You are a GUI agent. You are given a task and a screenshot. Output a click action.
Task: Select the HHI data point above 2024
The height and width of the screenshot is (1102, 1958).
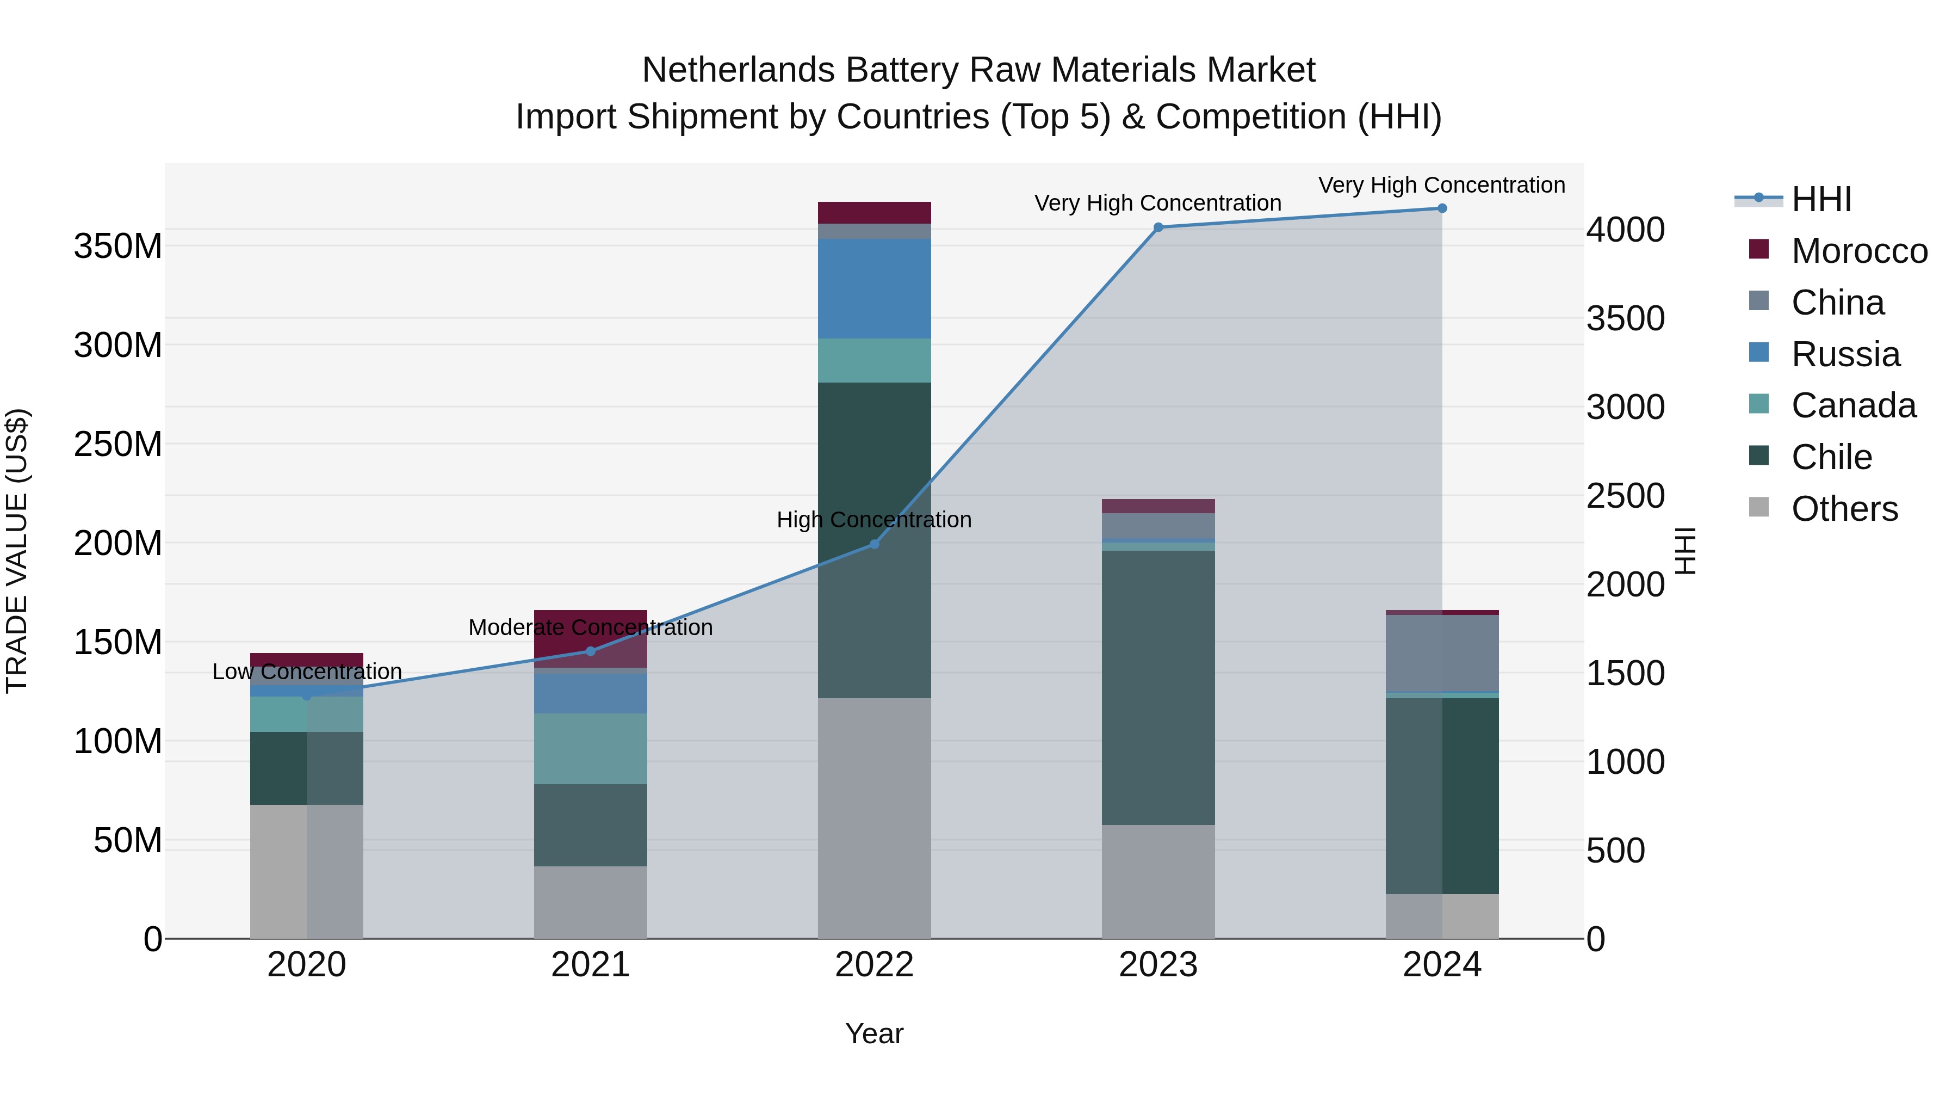pos(1442,208)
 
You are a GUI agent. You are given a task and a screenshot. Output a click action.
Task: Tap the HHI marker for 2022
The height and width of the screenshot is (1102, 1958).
pos(874,545)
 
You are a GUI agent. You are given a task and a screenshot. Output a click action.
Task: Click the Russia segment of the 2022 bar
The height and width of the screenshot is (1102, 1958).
pos(874,289)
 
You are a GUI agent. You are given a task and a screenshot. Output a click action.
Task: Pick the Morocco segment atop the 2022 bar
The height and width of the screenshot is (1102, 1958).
pos(874,213)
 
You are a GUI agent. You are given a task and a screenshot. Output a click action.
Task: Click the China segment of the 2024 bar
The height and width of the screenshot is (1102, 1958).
pos(1442,653)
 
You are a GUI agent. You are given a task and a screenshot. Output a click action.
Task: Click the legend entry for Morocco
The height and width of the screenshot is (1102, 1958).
pos(1858,251)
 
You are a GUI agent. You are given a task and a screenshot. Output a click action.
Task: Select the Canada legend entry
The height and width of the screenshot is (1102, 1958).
pos(1852,405)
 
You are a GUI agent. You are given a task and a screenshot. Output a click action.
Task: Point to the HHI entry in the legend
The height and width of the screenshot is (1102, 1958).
pos(1820,199)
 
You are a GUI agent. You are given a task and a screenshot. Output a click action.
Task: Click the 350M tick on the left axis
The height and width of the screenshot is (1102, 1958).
pos(118,247)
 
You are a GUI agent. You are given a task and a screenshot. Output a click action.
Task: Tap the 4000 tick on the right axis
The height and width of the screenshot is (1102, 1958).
pos(1625,230)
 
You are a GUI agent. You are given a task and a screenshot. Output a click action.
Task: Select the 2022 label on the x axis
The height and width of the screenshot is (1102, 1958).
pos(874,965)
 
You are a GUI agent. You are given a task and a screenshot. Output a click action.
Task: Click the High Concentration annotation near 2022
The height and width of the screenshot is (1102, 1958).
pos(874,520)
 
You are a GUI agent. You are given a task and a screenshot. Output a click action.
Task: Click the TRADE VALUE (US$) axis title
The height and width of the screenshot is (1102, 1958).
pos(17,551)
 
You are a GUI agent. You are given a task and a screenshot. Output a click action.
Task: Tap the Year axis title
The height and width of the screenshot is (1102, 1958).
pos(874,1033)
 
